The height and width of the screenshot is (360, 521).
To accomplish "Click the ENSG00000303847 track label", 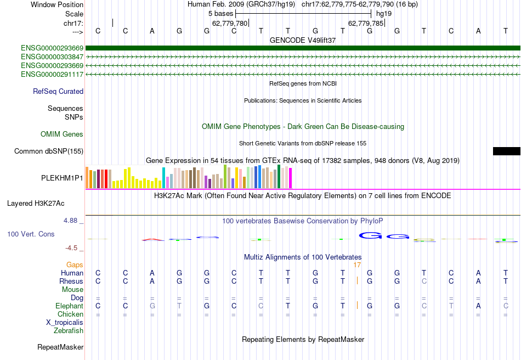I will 52,57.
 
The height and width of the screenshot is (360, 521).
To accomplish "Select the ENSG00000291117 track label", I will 52,74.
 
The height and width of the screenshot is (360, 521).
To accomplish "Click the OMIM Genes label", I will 62,134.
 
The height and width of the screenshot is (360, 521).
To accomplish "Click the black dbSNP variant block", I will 506,151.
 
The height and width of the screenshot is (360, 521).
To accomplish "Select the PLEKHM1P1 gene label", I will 62,178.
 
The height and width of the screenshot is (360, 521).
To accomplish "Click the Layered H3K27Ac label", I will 36,203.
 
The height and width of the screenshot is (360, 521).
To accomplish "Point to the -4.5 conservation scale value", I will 72,248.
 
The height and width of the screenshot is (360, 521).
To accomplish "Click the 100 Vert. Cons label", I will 31,234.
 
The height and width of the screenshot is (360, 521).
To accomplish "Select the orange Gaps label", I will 75,265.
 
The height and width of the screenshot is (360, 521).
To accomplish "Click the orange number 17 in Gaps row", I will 357,265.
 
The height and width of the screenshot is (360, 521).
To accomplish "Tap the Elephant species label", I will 69,306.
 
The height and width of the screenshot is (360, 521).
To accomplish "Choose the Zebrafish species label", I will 69,331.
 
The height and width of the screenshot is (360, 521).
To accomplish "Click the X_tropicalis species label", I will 65,323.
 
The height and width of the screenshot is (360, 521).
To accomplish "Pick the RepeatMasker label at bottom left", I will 60,347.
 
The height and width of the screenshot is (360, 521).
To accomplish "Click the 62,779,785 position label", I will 365,23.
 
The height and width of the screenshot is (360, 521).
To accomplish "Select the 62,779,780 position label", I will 230,23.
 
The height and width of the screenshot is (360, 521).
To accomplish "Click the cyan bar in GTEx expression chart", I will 163,178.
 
